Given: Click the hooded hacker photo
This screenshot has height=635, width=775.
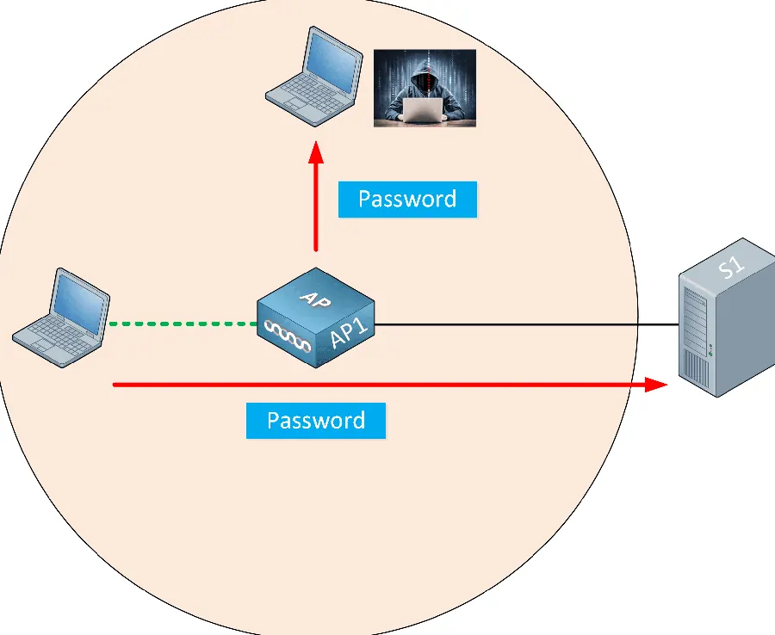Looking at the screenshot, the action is [x=425, y=88].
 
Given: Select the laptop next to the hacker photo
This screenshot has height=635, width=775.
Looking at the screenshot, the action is [x=314, y=77].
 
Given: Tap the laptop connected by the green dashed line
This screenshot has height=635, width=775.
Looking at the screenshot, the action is [x=61, y=317].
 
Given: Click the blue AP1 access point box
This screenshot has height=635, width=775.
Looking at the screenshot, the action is [x=316, y=317].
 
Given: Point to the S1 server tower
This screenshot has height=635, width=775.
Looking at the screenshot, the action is [x=727, y=317].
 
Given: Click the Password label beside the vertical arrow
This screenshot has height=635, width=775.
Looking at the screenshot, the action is [x=408, y=199].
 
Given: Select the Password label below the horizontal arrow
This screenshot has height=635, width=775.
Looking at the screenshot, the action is [x=316, y=420].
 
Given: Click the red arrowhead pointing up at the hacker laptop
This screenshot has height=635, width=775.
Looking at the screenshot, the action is [x=316, y=151].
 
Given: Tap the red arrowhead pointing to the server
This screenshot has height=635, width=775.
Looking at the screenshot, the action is [x=656, y=384].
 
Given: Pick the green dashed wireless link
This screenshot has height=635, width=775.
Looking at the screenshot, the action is [x=183, y=324].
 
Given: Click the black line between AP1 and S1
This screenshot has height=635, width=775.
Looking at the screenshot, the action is [x=527, y=325].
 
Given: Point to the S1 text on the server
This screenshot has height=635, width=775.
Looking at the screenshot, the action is [x=731, y=267].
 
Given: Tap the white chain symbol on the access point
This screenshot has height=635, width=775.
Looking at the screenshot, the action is [x=288, y=336].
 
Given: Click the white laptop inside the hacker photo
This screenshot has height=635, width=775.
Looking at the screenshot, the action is [x=423, y=109].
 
